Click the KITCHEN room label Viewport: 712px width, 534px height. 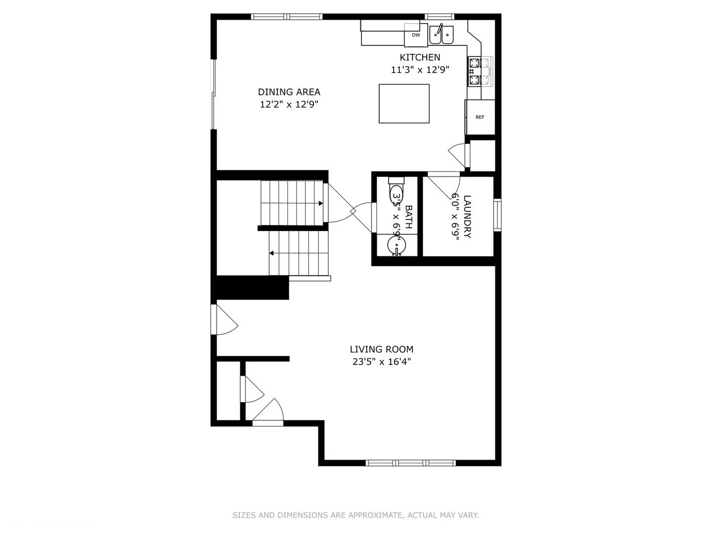[x=420, y=57]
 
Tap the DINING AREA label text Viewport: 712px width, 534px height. [x=289, y=92]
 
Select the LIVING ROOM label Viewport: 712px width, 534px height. [x=381, y=349]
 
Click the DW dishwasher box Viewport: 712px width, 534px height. [x=416, y=36]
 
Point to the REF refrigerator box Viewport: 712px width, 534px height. [x=480, y=117]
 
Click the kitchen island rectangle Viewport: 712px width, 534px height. [x=404, y=103]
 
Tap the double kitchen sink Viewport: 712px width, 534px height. [x=441, y=34]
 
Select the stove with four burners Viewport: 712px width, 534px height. [x=480, y=72]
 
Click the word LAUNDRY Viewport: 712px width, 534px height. [x=467, y=217]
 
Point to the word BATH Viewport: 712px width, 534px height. [x=408, y=217]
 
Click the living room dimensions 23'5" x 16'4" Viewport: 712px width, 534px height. [x=381, y=361]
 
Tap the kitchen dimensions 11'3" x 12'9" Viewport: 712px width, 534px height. [x=420, y=70]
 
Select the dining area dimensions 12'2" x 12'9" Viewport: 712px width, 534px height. [x=289, y=104]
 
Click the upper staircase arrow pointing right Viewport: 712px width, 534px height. [x=320, y=203]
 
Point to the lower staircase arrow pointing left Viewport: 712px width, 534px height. [x=271, y=253]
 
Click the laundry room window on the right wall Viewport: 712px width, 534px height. [x=497, y=215]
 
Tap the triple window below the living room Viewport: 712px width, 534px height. [x=410, y=463]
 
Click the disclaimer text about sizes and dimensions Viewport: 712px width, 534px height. [x=356, y=515]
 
